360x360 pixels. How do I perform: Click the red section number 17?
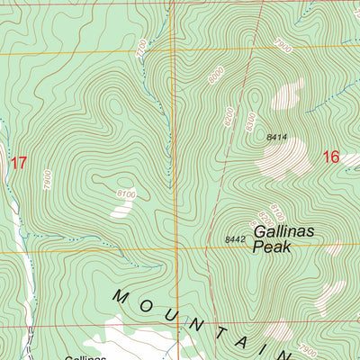tap(18, 163)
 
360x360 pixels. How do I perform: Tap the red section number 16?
tap(330, 157)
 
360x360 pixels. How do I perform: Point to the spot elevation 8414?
tap(277, 137)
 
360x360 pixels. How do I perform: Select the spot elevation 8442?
tap(235, 238)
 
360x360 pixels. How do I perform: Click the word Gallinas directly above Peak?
tap(284, 230)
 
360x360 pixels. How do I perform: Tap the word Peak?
tap(273, 246)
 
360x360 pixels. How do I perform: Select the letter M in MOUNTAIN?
tap(123, 295)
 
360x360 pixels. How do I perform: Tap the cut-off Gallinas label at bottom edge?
tap(85, 356)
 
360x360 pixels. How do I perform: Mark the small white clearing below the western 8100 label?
tap(121, 209)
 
